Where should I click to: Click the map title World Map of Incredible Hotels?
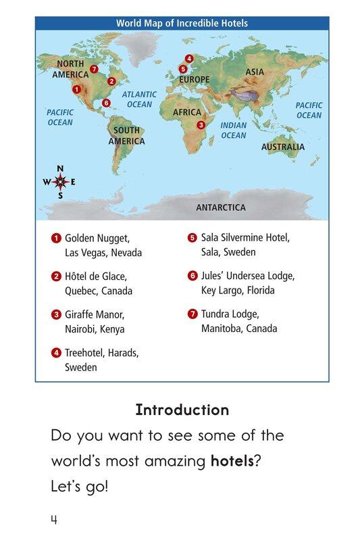coord(182,24)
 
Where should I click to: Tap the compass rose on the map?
coord(60,182)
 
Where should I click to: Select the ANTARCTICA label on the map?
coord(221,208)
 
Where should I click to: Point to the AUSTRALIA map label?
coord(283,147)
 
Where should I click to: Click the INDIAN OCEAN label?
coord(234,130)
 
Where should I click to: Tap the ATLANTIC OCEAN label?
coord(140,99)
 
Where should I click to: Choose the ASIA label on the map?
coord(255,72)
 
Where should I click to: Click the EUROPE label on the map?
coord(195,80)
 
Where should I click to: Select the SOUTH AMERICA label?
coord(126,136)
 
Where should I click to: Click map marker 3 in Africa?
coord(201,125)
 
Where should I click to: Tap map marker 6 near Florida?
coord(106,103)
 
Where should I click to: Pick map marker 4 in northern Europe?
coord(189,59)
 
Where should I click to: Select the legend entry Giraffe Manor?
coord(95,314)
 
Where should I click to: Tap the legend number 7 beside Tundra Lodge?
coord(192,314)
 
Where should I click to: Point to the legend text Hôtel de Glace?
coord(95,276)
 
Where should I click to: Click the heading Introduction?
coord(182,410)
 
